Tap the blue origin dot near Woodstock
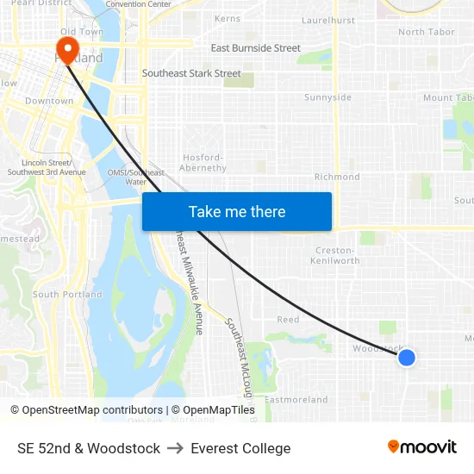point(406,357)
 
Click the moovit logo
point(422,447)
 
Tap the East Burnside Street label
point(255,48)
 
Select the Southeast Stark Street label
point(191,73)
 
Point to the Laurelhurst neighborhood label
point(328,20)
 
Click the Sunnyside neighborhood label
point(327,97)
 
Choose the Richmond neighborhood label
point(337,177)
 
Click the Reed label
point(288,320)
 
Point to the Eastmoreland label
point(296,400)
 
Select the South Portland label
point(67,295)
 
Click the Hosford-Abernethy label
point(203,163)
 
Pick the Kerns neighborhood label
point(228,18)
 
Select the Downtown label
point(49,101)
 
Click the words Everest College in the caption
point(240,448)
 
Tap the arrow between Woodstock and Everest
point(175,448)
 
